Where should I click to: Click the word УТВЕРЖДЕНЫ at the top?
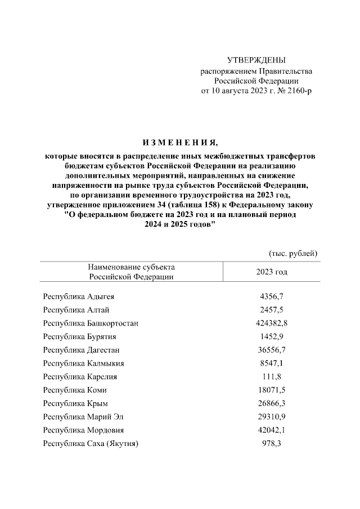pyautogui.click(x=256, y=60)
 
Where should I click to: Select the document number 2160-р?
pyautogui.click(x=295, y=91)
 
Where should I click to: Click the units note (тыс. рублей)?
pyautogui.click(x=294, y=254)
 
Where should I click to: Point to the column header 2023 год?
pyautogui.click(x=272, y=272)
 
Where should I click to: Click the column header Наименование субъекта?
pyautogui.click(x=131, y=267)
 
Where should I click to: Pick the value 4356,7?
pyautogui.click(x=272, y=296)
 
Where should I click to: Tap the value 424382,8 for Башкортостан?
pyautogui.click(x=272, y=323)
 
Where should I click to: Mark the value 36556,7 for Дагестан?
pyautogui.click(x=272, y=350)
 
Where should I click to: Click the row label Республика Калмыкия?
pyautogui.click(x=83, y=363)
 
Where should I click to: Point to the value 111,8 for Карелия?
pyautogui.click(x=272, y=376)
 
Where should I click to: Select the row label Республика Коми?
pyautogui.click(x=75, y=390)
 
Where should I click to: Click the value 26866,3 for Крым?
pyautogui.click(x=272, y=403)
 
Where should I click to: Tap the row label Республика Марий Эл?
pyautogui.click(x=84, y=417)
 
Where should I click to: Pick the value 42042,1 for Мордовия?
pyautogui.click(x=272, y=430)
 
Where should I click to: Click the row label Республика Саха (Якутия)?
pyautogui.click(x=91, y=444)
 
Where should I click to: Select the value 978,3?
pyautogui.click(x=272, y=444)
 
